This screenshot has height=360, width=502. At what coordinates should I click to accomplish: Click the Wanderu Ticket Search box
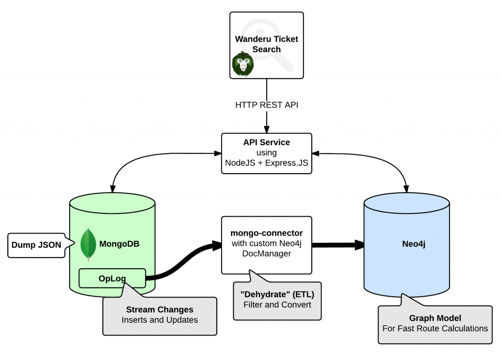coord(266,45)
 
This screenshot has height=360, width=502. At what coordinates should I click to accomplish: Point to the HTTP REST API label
coord(266,104)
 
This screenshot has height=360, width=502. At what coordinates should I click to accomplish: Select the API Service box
coord(266,153)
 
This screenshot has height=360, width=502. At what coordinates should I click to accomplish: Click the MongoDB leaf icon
coord(88,244)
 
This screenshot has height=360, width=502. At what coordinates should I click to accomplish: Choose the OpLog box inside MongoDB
coord(112,278)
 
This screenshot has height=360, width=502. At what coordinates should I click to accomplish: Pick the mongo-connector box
coord(266,244)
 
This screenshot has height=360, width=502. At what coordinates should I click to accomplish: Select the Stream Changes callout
coord(159,315)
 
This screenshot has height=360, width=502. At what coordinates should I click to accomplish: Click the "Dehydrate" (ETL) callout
coord(277,300)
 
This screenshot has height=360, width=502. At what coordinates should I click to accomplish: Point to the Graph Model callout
coord(435,323)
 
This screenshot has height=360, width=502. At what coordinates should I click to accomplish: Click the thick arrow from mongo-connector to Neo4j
coord(338,245)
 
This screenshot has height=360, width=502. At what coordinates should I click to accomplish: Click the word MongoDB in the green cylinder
coord(119,243)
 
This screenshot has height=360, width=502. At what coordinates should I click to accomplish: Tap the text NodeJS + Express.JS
coord(266,163)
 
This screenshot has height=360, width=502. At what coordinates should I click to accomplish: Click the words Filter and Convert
coord(277,305)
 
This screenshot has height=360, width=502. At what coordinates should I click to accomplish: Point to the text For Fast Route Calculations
coord(435,328)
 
